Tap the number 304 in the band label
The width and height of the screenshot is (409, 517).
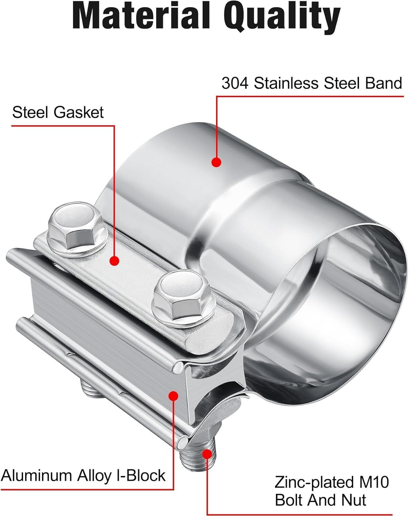tap(235, 83)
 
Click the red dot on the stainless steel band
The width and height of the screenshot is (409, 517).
tap(216, 162)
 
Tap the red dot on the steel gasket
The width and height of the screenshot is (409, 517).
tap(115, 261)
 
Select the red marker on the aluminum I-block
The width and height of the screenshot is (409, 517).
tap(173, 396)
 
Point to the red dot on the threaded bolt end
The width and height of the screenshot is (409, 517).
tap(207, 454)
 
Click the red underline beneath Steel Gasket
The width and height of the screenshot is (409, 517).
tap(62, 125)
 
